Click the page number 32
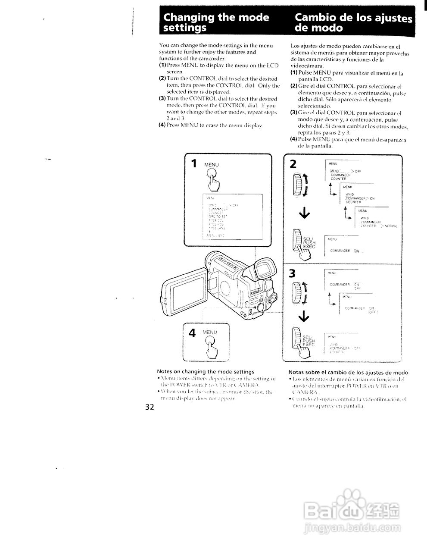(x=150, y=407)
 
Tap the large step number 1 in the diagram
(x=194, y=163)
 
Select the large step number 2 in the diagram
(x=293, y=164)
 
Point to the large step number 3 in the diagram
(x=293, y=273)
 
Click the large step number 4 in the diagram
(x=192, y=332)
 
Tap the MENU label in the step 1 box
(x=212, y=165)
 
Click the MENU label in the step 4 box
(x=210, y=332)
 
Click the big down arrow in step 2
(x=303, y=213)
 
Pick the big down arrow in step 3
(x=303, y=317)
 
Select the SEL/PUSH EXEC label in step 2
(x=309, y=243)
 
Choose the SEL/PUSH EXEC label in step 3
(x=309, y=341)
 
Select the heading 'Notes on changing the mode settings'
(x=206, y=371)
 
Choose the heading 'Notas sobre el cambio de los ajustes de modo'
(x=348, y=372)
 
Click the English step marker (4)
(x=162, y=125)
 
